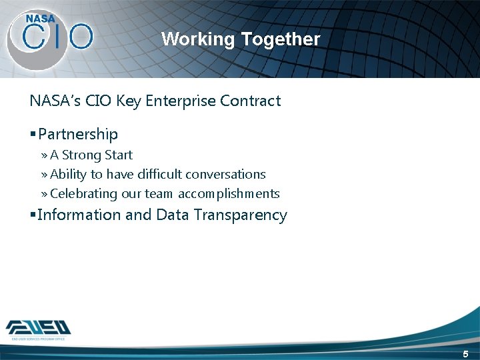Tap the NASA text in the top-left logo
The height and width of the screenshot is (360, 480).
point(40,19)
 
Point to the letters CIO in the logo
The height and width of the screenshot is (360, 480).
point(57,37)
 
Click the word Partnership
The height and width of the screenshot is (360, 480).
point(78,135)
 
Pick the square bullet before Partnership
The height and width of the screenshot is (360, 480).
point(33,135)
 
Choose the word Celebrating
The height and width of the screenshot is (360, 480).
point(84,194)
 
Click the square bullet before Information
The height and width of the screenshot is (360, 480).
point(33,215)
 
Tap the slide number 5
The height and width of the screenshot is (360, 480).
point(466,354)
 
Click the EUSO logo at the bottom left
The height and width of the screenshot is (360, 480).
point(39,328)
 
